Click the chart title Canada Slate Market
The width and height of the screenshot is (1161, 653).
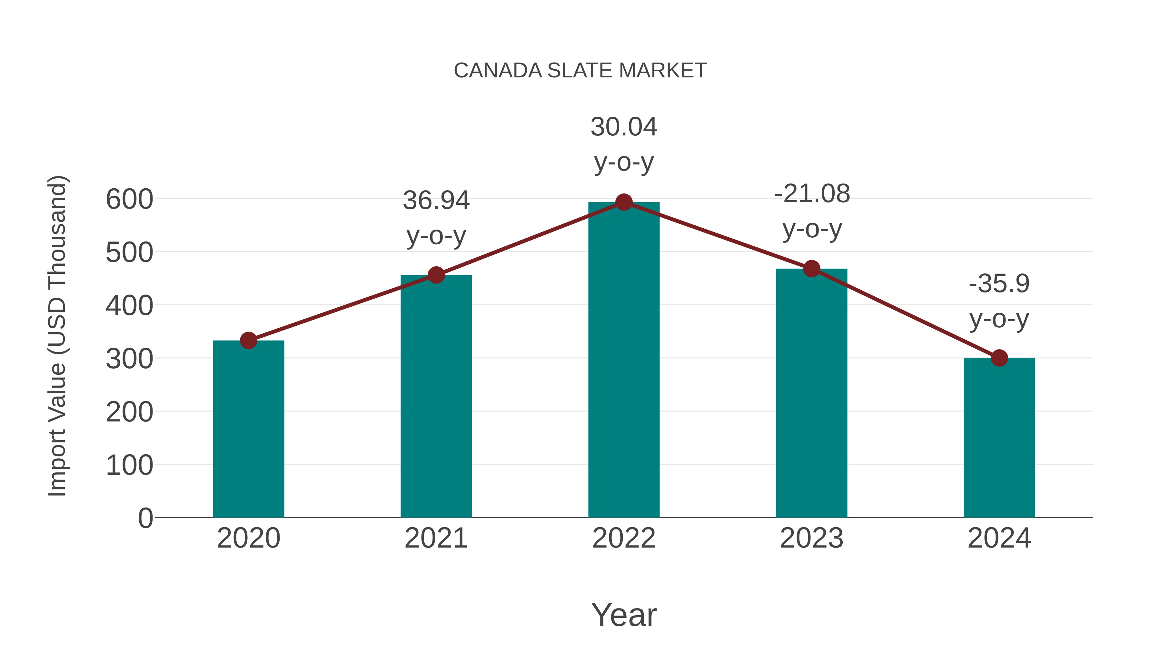point(580,71)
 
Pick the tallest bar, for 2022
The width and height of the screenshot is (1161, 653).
point(624,361)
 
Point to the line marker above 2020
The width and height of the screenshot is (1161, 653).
point(248,341)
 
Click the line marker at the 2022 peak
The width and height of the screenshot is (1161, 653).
point(624,202)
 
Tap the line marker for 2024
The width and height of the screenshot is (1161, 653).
point(999,358)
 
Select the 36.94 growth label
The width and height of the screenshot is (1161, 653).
point(436,201)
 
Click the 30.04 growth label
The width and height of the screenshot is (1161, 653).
point(624,127)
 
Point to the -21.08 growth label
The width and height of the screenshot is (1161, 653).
point(812,194)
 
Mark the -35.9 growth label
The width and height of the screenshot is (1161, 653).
point(999,284)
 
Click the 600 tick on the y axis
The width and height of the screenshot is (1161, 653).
point(129,199)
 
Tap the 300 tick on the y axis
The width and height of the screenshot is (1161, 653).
point(129,359)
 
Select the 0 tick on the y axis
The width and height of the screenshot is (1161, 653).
point(145,518)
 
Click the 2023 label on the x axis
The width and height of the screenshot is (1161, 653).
point(811,538)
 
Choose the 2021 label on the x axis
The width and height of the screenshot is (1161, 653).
point(436,538)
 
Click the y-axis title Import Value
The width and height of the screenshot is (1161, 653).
point(58,336)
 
